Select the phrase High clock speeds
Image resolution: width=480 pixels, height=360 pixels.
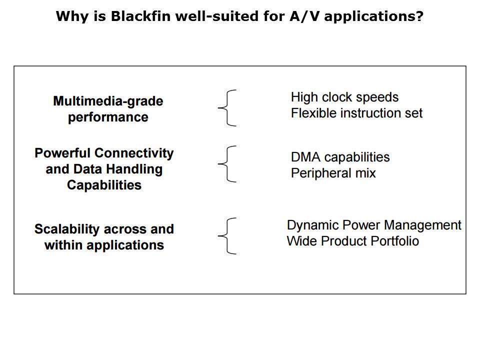click(344, 97)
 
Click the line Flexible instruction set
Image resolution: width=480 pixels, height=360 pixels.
click(356, 113)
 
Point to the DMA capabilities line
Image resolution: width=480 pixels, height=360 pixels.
click(340, 157)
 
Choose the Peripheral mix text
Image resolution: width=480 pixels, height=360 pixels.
click(333, 173)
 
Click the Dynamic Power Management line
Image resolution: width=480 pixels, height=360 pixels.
click(374, 225)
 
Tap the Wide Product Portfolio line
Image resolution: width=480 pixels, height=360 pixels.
click(352, 241)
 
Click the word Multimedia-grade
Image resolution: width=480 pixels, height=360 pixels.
click(108, 101)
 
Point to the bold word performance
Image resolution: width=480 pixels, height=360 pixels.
click(108, 117)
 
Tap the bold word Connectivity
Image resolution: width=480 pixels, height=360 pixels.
click(137, 153)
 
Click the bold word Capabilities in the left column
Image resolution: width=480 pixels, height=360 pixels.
click(104, 185)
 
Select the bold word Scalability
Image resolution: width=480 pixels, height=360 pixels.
click(66, 229)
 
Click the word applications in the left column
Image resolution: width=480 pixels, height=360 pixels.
click(125, 245)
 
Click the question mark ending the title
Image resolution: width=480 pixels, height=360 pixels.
click(419, 16)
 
